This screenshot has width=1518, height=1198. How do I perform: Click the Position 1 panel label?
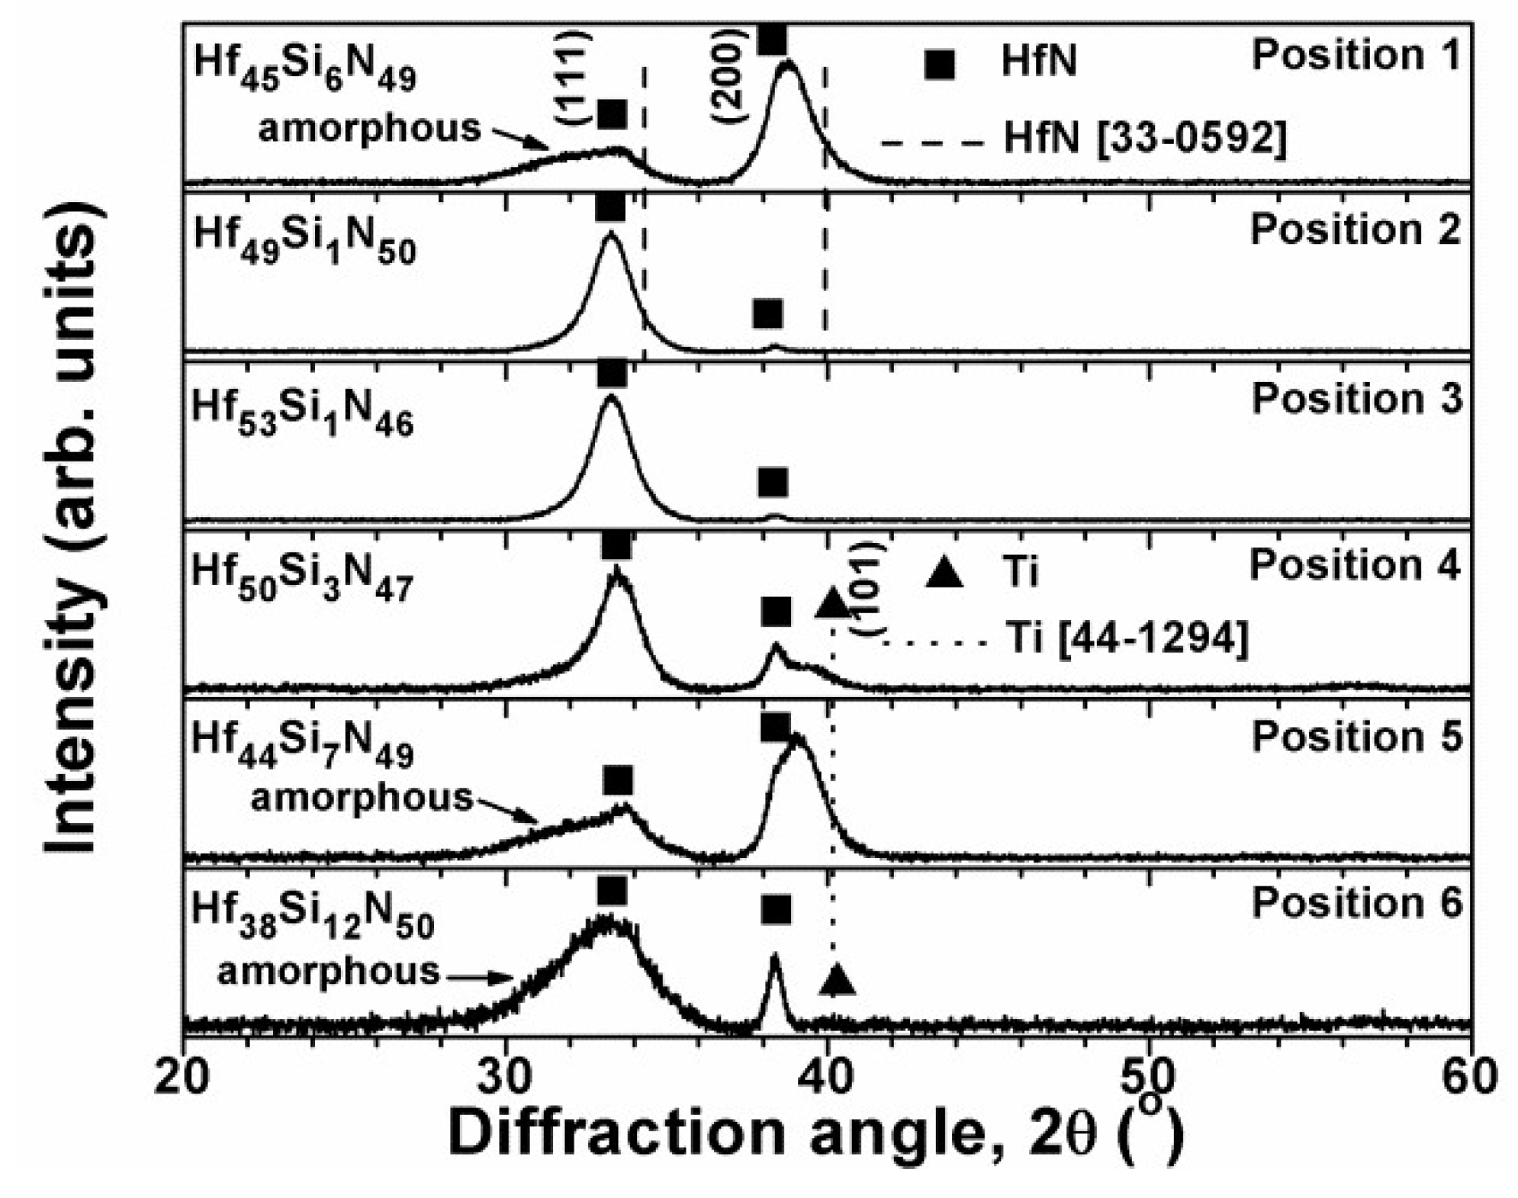(x=1355, y=57)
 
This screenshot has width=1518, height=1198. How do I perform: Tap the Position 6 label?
(x=1357, y=903)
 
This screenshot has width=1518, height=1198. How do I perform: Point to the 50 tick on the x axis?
(x=1148, y=1076)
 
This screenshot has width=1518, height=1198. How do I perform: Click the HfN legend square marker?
(x=939, y=64)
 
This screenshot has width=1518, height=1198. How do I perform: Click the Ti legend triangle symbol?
(x=944, y=573)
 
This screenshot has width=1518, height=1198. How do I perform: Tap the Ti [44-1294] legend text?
(x=1127, y=638)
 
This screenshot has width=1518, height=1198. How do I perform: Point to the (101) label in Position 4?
(x=866, y=589)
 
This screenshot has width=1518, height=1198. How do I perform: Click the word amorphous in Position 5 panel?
(x=361, y=798)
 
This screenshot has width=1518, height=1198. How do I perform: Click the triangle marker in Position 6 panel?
(x=836, y=979)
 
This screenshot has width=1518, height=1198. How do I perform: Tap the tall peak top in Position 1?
(x=789, y=64)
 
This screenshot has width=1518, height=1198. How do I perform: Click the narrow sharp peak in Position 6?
(x=774, y=959)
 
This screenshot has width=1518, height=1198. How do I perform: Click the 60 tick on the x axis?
(x=1470, y=1076)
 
